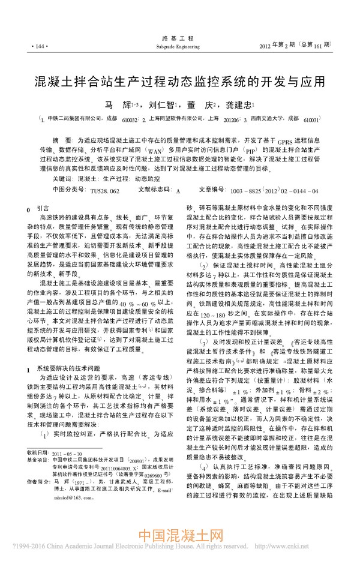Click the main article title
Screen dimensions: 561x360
(179, 80)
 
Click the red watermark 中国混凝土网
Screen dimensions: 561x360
(180, 537)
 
